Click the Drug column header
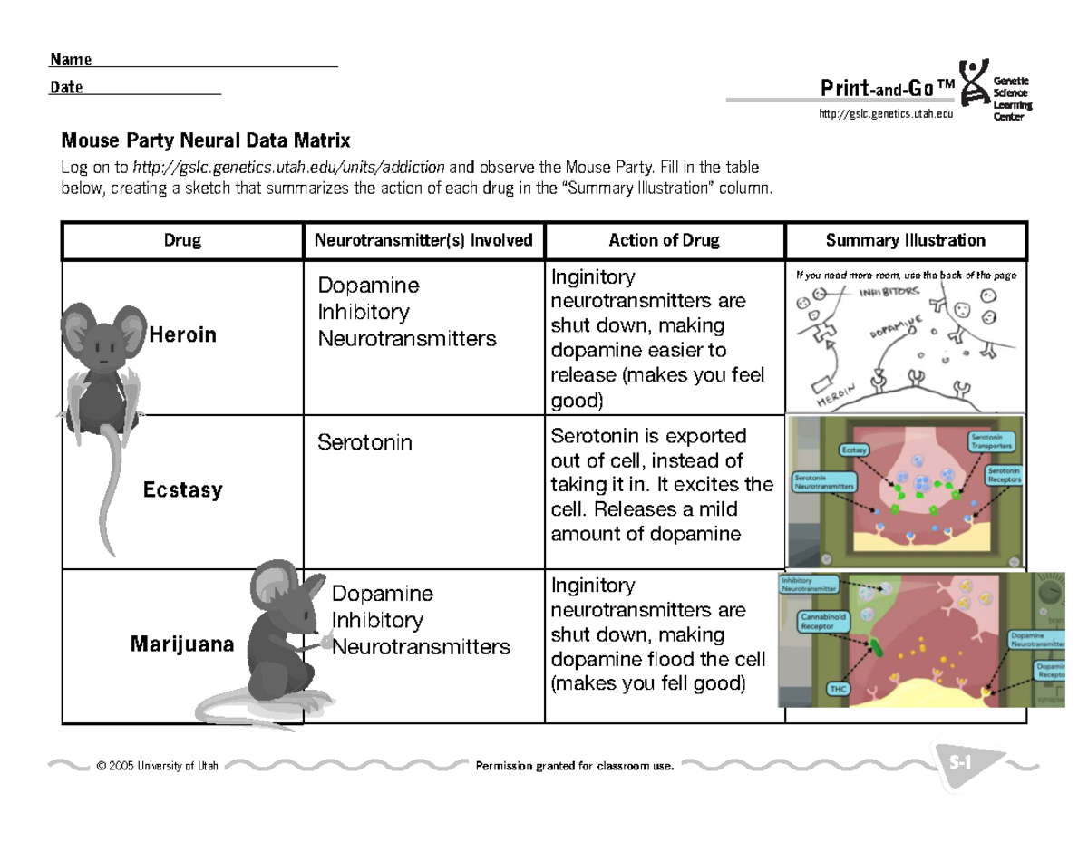182,241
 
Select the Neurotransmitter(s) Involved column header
423,241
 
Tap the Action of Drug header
664,241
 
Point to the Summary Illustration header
905,241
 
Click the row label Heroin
182,335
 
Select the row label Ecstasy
182,490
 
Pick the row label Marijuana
182,644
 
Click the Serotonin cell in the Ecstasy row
364,442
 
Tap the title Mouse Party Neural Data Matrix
205,141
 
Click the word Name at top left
71,61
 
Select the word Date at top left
67,88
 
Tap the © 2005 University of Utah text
156,767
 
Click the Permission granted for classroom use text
575,767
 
